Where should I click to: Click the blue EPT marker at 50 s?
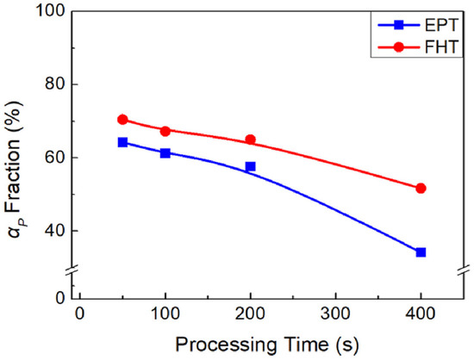[x=122, y=142]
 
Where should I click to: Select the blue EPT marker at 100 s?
[x=165, y=153]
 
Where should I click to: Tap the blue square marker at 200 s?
[x=250, y=166]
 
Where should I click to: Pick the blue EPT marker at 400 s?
[x=421, y=252]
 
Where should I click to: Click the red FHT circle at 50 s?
[x=122, y=120]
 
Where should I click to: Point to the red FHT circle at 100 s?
[x=165, y=131]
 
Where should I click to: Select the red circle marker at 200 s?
[x=250, y=140]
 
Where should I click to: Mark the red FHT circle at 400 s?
[x=421, y=189]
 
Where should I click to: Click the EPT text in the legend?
[x=441, y=25]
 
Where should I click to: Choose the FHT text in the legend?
[x=441, y=47]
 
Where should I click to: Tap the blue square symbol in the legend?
[x=399, y=25]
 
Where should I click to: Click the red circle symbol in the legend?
[x=399, y=47]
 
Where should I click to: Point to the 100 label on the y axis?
[x=50, y=11]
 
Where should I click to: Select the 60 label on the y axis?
[x=55, y=158]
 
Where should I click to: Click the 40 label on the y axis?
[x=55, y=231]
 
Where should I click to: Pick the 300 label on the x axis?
[x=335, y=314]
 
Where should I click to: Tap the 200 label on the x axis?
[x=250, y=314]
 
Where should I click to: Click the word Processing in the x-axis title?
[x=226, y=344]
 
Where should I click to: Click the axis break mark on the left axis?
[x=72, y=269]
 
